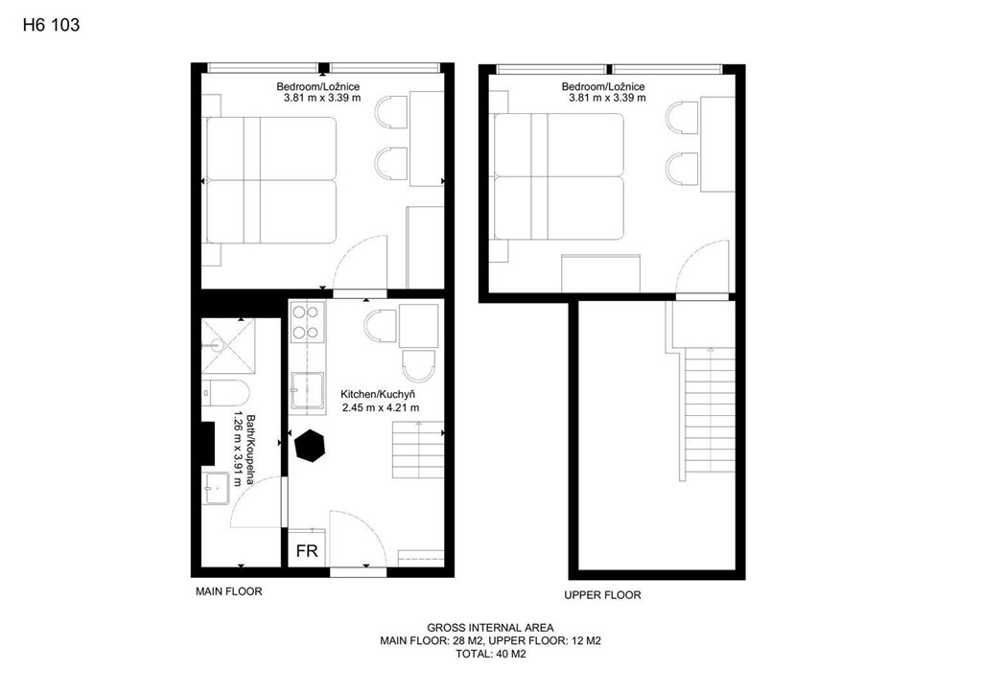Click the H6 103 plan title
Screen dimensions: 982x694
pyautogui.click(x=52, y=25)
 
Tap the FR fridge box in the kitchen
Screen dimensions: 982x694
pyautogui.click(x=307, y=549)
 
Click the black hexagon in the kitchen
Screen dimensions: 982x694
pyautogui.click(x=310, y=446)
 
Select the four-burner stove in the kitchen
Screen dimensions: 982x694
pyautogui.click(x=308, y=322)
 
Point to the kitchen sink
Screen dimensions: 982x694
pyautogui.click(x=308, y=391)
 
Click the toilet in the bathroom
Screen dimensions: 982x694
pyautogui.click(x=225, y=393)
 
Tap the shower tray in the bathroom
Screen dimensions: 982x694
pyautogui.click(x=228, y=345)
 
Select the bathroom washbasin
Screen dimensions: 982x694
pyautogui.click(x=216, y=488)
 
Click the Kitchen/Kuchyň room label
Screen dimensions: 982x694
pyautogui.click(x=378, y=394)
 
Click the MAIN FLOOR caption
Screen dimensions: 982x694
pyautogui.click(x=228, y=591)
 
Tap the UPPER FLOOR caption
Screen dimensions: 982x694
pyautogui.click(x=602, y=595)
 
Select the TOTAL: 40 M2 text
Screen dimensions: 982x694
pyautogui.click(x=490, y=655)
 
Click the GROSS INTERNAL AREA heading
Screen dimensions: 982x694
pyautogui.click(x=490, y=628)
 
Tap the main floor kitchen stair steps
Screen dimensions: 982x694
pyautogui.click(x=418, y=450)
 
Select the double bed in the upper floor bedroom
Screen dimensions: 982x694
pyautogui.click(x=559, y=176)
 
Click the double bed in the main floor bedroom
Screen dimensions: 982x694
pyautogui.click(x=271, y=180)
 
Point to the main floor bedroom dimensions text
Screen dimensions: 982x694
pyautogui.click(x=322, y=98)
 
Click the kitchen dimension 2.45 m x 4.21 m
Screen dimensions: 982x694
pyautogui.click(x=381, y=408)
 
